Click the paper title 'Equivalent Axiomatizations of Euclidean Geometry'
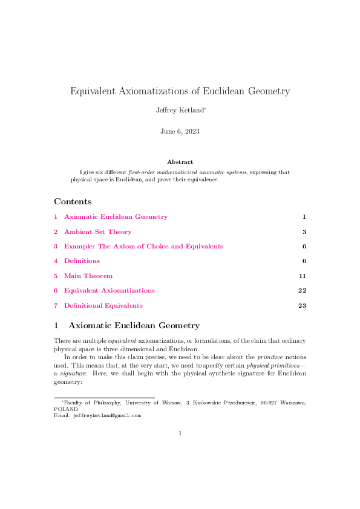pos(180,92)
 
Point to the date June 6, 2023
pos(180,131)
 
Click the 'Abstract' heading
pos(180,162)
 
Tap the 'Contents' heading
pos(73,201)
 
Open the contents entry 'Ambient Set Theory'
pos(97,232)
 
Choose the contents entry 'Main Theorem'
pos(88,276)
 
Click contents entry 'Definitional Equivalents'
pos(103,305)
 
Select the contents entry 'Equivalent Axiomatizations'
pos(109,291)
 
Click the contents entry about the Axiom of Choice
pos(143,246)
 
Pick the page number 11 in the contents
pos(303,276)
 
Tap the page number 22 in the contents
pos(303,291)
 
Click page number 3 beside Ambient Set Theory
pos(304,232)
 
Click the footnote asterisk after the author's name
pos(205,109)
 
